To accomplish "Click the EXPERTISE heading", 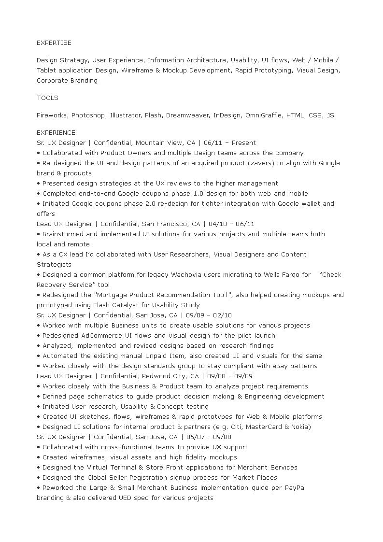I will coord(54,43).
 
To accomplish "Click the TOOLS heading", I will coord(47,98).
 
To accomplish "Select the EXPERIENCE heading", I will coord(56,132).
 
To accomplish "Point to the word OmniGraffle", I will coord(264,115).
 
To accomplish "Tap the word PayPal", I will coord(295,487).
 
